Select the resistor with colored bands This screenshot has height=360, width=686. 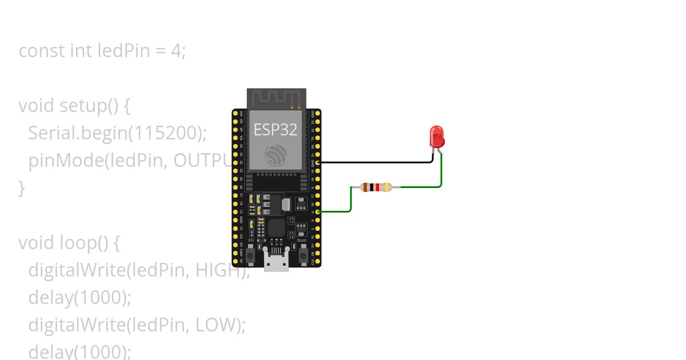click(x=376, y=187)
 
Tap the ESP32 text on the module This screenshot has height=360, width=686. click(x=276, y=130)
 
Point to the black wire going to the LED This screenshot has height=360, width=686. click(x=372, y=162)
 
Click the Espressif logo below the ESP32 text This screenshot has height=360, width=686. click(x=276, y=155)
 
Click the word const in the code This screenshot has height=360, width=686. click(x=42, y=51)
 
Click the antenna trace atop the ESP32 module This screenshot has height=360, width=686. click(x=276, y=98)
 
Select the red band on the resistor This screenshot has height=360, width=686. click(x=377, y=187)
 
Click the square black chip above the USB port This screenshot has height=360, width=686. click(x=277, y=228)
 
